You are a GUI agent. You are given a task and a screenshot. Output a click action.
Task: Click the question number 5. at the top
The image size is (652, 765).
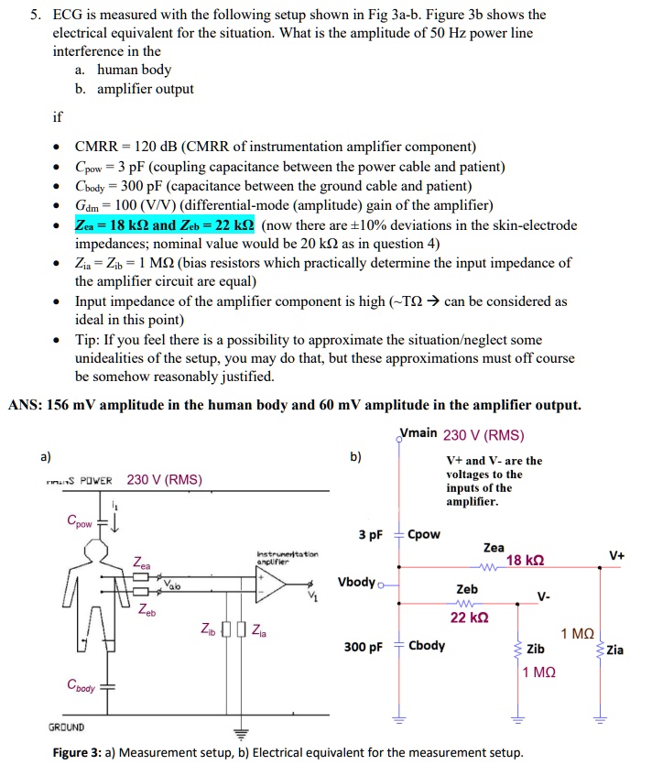click(x=35, y=15)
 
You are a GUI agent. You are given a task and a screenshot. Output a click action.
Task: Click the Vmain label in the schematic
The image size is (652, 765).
click(x=418, y=434)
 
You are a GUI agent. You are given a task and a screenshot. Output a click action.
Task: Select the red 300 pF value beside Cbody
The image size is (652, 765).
click(x=364, y=646)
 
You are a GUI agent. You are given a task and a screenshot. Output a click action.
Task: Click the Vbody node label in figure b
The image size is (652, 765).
click(x=357, y=582)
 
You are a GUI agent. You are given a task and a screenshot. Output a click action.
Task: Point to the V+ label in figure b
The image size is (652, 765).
click(x=616, y=553)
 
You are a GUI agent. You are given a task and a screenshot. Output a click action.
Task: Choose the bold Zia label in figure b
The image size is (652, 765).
click(x=614, y=650)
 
